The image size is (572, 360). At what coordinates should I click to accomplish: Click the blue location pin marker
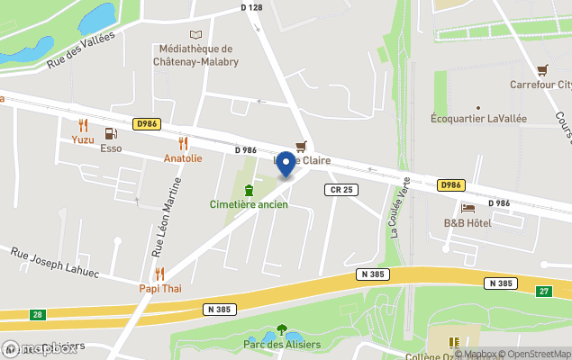coord(286,164)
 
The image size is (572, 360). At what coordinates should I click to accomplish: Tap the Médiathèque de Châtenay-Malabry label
coord(194,56)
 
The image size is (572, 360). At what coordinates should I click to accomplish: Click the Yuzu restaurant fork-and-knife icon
coord(83,125)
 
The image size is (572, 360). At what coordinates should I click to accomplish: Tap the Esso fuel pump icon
coord(111,133)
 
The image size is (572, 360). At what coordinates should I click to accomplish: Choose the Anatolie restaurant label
coord(183,157)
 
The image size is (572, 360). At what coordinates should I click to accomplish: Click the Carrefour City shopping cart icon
coord(541,69)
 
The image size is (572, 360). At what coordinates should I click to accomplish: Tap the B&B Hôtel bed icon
coord(468,208)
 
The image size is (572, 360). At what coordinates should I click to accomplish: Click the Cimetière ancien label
coord(249,204)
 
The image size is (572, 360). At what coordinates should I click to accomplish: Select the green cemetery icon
coord(249,189)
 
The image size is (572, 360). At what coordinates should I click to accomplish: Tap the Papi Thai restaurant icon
coord(159,274)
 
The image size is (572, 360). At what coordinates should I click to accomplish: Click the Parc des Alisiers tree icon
coord(282,329)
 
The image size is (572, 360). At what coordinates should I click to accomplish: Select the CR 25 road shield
coord(341,189)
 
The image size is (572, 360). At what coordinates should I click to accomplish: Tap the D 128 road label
coord(252,7)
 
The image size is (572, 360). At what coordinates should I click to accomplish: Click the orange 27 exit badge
coord(543,292)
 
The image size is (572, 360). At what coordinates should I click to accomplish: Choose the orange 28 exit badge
coord(35,314)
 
